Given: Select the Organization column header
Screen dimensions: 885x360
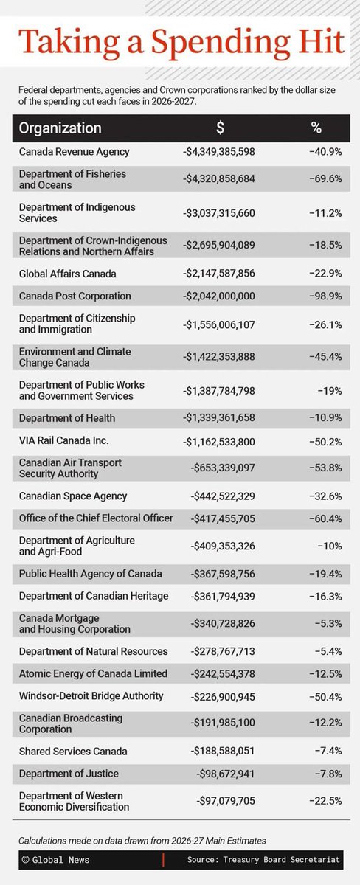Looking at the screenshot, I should pyautogui.click(x=60, y=128).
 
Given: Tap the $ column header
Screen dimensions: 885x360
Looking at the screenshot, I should pyautogui.click(x=220, y=128).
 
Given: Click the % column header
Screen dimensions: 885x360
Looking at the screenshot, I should pyautogui.click(x=316, y=128).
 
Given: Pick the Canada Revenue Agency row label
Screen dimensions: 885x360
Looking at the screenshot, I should pyautogui.click(x=75, y=152).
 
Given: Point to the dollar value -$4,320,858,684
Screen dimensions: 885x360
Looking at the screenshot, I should pyautogui.click(x=218, y=179).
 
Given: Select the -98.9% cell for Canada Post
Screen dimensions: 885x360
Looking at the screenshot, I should pyautogui.click(x=323, y=296).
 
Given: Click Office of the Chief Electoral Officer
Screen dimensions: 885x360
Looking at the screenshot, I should pyautogui.click(x=96, y=518).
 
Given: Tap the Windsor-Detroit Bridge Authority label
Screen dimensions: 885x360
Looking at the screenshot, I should pyautogui.click(x=91, y=696).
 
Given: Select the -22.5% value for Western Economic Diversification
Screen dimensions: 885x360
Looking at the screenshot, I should pyautogui.click(x=323, y=801).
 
